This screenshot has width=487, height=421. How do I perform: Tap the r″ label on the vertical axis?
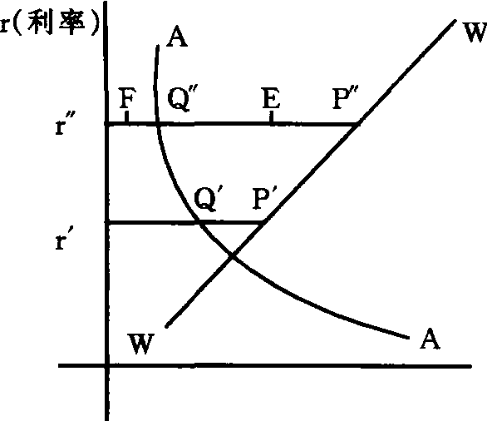click(65, 124)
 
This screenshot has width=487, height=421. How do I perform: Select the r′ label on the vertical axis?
click(65, 240)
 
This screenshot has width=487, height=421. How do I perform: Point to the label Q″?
click(182, 99)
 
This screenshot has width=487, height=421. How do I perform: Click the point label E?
click(272, 98)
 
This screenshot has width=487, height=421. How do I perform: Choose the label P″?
click(345, 98)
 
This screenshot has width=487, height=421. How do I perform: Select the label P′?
click(264, 198)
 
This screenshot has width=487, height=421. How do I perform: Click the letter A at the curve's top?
click(177, 37)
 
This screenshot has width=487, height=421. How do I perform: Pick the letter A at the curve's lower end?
click(430, 339)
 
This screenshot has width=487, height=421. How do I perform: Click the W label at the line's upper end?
click(475, 32)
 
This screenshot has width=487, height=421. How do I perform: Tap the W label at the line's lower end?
click(141, 344)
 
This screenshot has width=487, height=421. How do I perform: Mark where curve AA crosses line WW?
click(232, 256)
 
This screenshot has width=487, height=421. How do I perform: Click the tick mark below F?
click(126, 117)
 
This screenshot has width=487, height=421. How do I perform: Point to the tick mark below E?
click(272, 118)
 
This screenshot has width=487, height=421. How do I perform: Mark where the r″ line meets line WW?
click(358, 124)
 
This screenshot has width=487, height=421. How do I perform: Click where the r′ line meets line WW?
click(264, 222)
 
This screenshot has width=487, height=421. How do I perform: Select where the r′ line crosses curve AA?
click(199, 222)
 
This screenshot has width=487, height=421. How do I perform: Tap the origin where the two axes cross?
click(107, 366)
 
